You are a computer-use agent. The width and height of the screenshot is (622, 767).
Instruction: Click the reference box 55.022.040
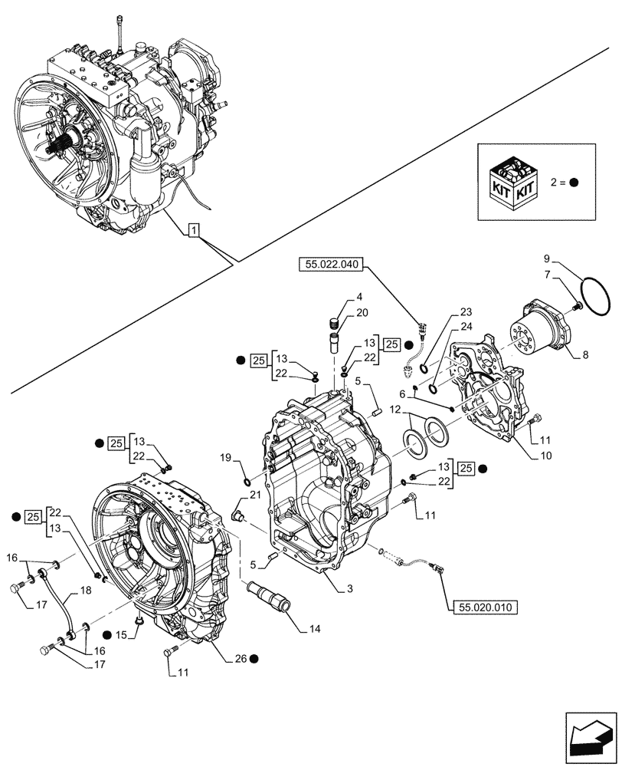329,265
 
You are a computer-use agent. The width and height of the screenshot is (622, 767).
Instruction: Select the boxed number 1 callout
194,229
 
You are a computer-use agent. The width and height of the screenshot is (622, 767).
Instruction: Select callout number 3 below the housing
349,588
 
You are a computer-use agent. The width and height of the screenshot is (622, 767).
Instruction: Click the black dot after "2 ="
574,183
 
